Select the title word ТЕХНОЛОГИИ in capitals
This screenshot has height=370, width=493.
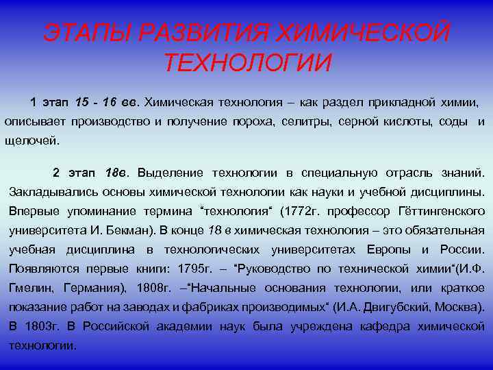coord(247,62)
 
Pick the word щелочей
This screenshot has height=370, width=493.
coord(32,141)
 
